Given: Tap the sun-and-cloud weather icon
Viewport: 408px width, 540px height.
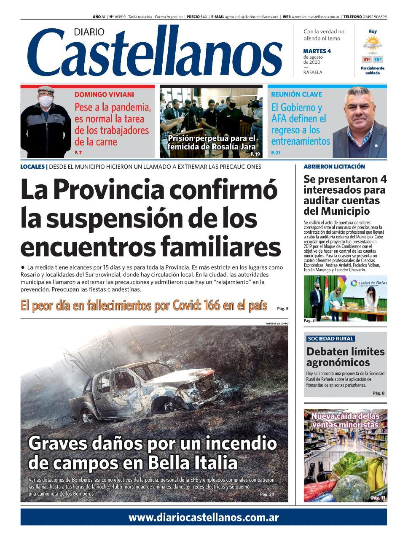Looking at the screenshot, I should (x=373, y=44).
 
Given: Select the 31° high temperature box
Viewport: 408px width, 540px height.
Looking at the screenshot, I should (x=366, y=59).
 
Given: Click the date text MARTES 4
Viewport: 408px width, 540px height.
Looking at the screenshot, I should (x=317, y=51).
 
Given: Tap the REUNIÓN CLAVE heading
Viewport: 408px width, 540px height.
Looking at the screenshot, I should (x=296, y=94).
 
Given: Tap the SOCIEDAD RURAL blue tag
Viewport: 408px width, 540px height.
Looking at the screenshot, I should (x=330, y=338).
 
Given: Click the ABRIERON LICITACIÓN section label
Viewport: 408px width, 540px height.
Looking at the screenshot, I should (x=334, y=167).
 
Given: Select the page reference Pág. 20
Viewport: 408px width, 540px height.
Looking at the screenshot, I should (x=267, y=494).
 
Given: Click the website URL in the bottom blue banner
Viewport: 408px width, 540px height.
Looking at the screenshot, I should (x=204, y=517).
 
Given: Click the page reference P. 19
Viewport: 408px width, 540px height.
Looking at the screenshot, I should (x=255, y=154).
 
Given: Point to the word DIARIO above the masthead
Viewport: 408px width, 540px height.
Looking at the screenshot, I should (x=89, y=32).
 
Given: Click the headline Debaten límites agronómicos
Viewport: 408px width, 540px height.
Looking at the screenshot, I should (x=345, y=357).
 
